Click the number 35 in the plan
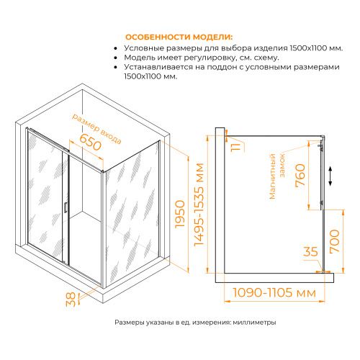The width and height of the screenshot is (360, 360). [310, 252]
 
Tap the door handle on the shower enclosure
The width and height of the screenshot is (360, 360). [64, 206]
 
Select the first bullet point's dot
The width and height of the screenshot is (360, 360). [116, 48]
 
